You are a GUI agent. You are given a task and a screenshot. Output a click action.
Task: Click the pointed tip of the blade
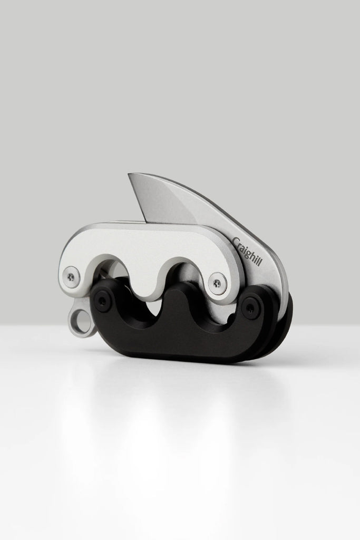coord(130,175)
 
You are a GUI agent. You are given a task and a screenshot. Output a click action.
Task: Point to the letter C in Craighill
coord(236,242)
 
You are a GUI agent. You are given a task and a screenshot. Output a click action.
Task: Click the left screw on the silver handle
coord(71,276)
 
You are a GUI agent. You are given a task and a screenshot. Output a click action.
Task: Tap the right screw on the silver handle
coord(217,283)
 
